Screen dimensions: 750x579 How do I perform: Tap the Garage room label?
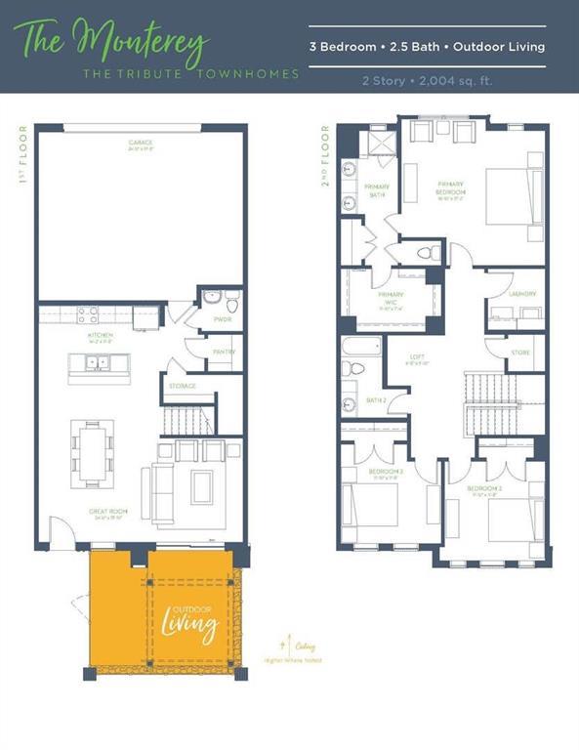pyautogui.click(x=140, y=143)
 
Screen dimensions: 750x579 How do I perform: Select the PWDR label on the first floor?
pyautogui.click(x=223, y=319)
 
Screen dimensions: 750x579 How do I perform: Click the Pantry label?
pyautogui.click(x=224, y=353)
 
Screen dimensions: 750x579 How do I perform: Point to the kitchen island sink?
pyautogui.click(x=98, y=363)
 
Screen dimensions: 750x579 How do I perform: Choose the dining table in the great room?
pyautogui.click(x=92, y=453)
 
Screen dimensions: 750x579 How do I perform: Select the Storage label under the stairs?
pyautogui.click(x=183, y=386)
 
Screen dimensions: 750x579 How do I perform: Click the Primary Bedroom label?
pyautogui.click(x=451, y=187)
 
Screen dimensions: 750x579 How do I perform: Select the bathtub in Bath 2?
pyautogui.click(x=360, y=347)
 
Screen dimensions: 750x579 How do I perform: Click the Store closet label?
pyautogui.click(x=519, y=354)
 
